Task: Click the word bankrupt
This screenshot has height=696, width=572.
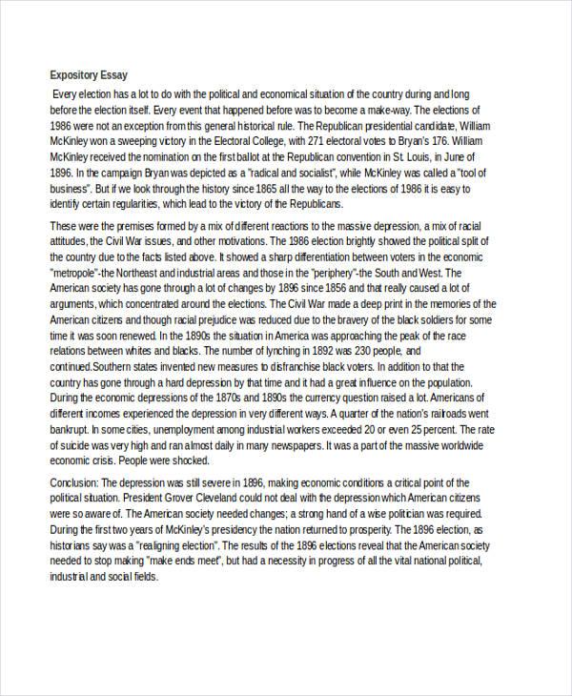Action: click(x=71, y=458)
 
